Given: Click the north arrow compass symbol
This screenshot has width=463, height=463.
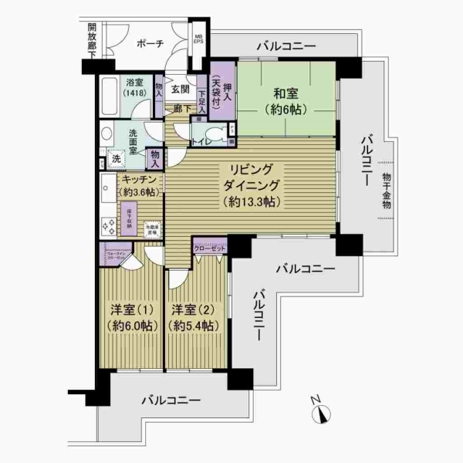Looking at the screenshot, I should (x=321, y=413).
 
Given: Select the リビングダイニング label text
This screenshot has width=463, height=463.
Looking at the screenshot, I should (x=252, y=185).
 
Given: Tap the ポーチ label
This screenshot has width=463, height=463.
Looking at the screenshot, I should (x=149, y=44).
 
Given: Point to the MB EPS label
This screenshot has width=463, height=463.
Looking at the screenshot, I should (x=198, y=39).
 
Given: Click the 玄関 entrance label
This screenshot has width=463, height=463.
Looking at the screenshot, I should (x=180, y=89).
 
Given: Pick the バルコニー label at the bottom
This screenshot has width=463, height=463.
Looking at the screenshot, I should (x=171, y=401).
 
